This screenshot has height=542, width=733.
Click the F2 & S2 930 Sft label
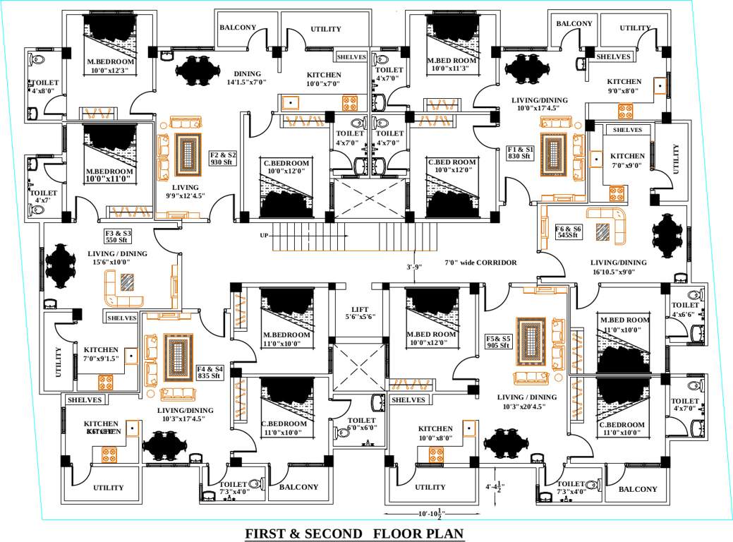(223, 158)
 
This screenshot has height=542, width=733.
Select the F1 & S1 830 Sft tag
(521, 153)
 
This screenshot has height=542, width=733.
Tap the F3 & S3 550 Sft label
(118, 236)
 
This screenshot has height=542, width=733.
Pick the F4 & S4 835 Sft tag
(210, 372)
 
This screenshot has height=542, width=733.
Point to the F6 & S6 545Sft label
(567, 232)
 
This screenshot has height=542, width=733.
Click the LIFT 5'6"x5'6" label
(359, 313)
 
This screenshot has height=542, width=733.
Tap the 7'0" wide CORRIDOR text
(480, 263)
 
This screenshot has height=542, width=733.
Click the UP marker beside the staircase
(264, 235)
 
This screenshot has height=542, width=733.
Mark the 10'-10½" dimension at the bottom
(420, 512)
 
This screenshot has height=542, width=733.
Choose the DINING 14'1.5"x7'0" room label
(247, 78)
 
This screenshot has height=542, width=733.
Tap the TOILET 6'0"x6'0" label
(361, 423)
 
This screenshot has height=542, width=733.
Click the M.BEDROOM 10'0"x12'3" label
(111, 66)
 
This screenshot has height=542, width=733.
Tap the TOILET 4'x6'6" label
(685, 309)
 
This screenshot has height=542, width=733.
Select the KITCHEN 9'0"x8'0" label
(624, 86)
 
